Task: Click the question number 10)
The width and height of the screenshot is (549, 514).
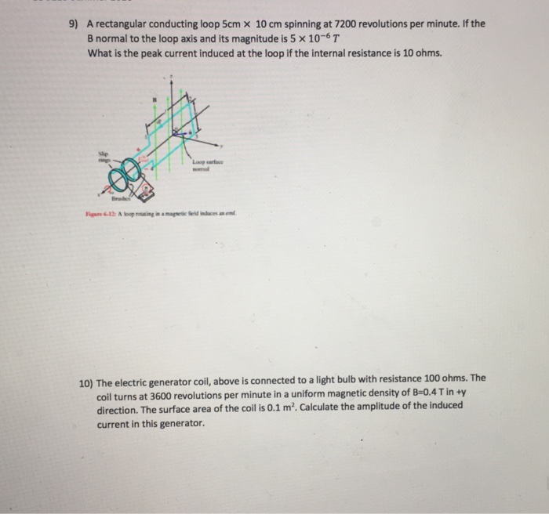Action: pyautogui.click(x=85, y=377)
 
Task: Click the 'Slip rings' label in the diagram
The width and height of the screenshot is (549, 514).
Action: pyautogui.click(x=100, y=153)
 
